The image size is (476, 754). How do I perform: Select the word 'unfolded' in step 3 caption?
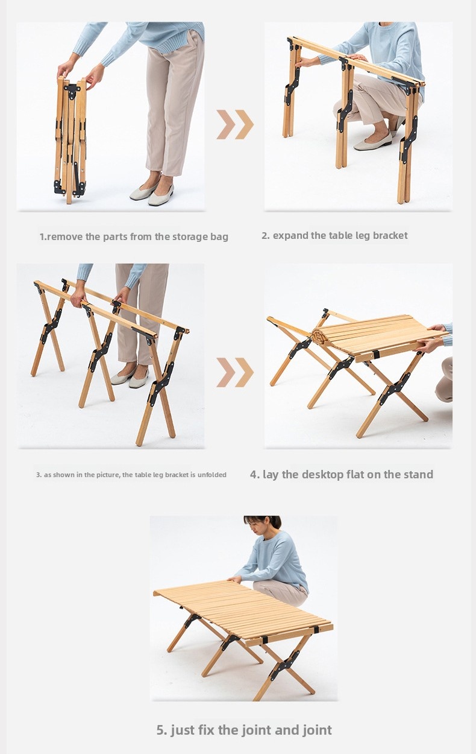tap(211, 475)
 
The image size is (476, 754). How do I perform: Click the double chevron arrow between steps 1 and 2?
tap(234, 124)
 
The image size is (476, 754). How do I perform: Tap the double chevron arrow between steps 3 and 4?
tap(234, 372)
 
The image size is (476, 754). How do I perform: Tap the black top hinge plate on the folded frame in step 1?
tap(72, 91)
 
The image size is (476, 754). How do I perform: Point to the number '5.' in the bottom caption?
tap(161, 730)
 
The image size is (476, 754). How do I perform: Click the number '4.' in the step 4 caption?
tap(255, 475)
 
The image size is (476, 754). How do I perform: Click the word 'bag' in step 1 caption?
tap(219, 237)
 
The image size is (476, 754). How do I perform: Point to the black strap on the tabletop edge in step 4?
tap(376, 355)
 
